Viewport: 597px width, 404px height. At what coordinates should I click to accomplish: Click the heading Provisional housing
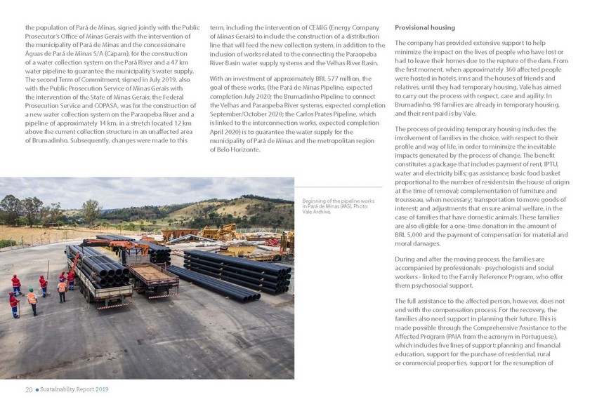coord(425,27)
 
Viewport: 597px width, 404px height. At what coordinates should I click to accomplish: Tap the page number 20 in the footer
coord(29,389)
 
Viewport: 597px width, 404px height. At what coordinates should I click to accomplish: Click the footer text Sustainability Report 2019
coord(74,389)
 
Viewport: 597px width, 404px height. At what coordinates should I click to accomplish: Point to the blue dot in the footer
coord(37,389)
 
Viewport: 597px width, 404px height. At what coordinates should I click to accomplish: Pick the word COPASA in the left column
coord(102,105)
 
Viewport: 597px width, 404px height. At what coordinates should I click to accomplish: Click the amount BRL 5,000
coord(410,235)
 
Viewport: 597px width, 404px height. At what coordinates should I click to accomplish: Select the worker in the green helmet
coord(31,299)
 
